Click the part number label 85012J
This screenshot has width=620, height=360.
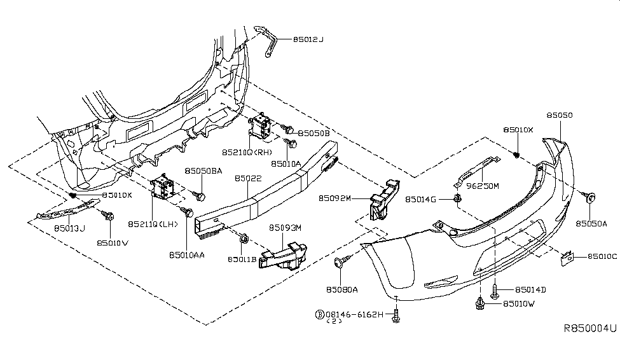308,39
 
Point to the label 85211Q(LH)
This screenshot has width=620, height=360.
154,224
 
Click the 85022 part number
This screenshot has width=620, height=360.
248,180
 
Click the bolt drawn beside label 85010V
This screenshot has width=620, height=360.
109,218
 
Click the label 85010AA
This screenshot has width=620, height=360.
187,254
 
